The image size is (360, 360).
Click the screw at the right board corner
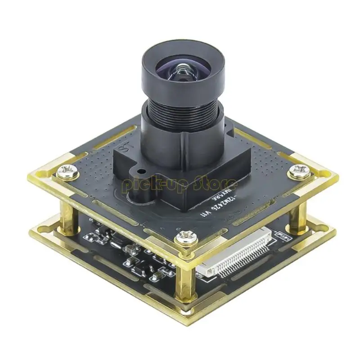(x=298, y=170)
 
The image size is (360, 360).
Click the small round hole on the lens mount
(x=140, y=171)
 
